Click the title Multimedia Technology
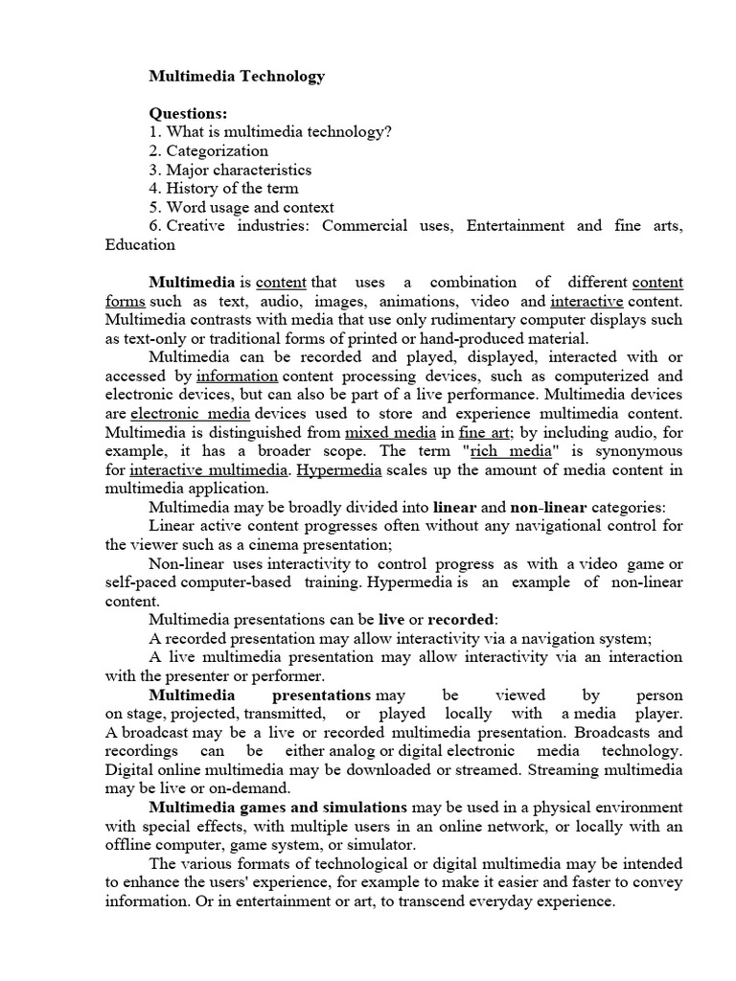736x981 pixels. click(237, 77)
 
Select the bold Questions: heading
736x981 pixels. click(188, 114)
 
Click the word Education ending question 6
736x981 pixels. click(140, 244)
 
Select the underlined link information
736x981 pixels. click(237, 376)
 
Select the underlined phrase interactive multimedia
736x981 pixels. click(209, 469)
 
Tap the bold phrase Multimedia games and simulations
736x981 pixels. click(278, 808)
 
